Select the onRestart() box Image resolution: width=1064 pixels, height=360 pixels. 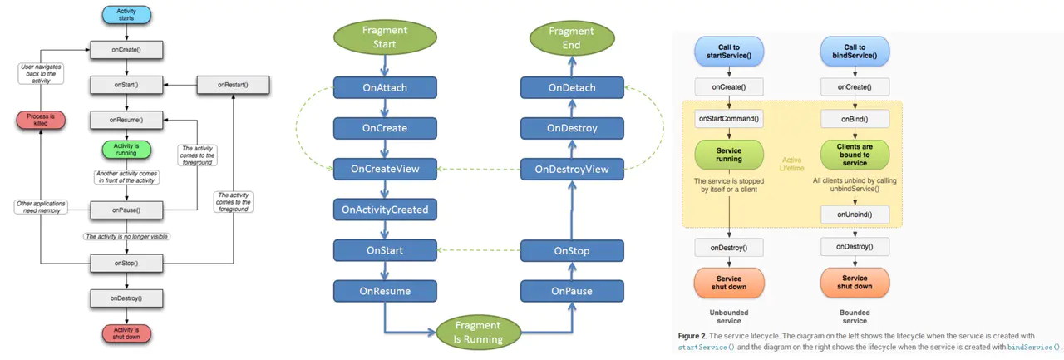(234, 85)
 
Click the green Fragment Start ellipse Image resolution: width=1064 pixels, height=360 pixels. (385, 36)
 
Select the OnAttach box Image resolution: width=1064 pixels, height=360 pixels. (385, 87)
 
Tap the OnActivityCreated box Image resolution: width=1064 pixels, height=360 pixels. (385, 210)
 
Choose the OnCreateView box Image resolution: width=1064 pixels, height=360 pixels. (385, 169)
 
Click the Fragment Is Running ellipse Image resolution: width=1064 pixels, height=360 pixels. (477, 331)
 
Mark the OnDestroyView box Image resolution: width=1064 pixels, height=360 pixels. (573, 169)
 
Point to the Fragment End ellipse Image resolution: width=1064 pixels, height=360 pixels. (573, 36)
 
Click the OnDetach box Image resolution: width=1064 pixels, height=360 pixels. (573, 87)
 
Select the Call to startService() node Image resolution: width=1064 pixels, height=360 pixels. (728, 51)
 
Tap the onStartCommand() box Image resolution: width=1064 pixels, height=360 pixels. (728, 118)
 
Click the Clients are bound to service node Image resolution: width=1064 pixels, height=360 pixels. (855, 154)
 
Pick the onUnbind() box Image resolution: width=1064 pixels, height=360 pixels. (855, 214)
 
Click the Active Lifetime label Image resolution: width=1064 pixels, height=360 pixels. (791, 163)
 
